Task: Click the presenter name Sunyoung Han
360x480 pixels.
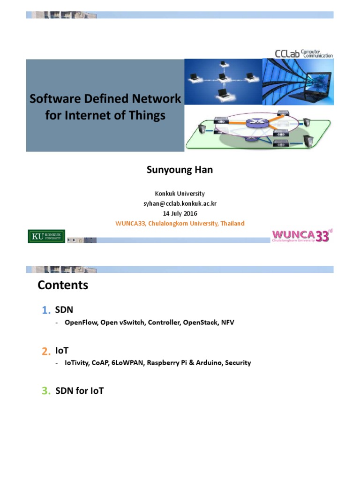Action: (180, 170)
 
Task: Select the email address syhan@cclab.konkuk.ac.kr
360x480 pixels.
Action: (180, 203)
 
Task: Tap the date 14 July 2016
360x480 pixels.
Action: (180, 213)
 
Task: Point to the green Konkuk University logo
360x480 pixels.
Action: (46, 236)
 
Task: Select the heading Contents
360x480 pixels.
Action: (63, 285)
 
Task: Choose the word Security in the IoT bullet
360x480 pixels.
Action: (238, 363)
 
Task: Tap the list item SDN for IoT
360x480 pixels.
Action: (80, 390)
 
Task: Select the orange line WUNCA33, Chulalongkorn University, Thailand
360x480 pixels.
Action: (180, 224)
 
